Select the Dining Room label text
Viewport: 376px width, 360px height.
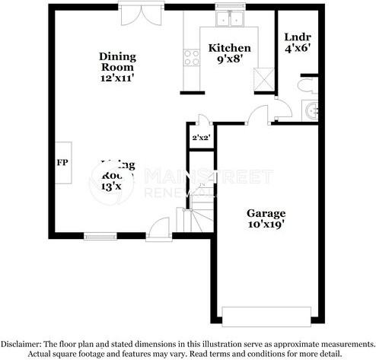(117, 62)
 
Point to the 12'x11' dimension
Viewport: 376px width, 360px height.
(118, 78)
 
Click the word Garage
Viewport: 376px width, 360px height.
(266, 214)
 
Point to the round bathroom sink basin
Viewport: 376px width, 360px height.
(311, 110)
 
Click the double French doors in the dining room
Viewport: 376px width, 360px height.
(142, 15)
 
